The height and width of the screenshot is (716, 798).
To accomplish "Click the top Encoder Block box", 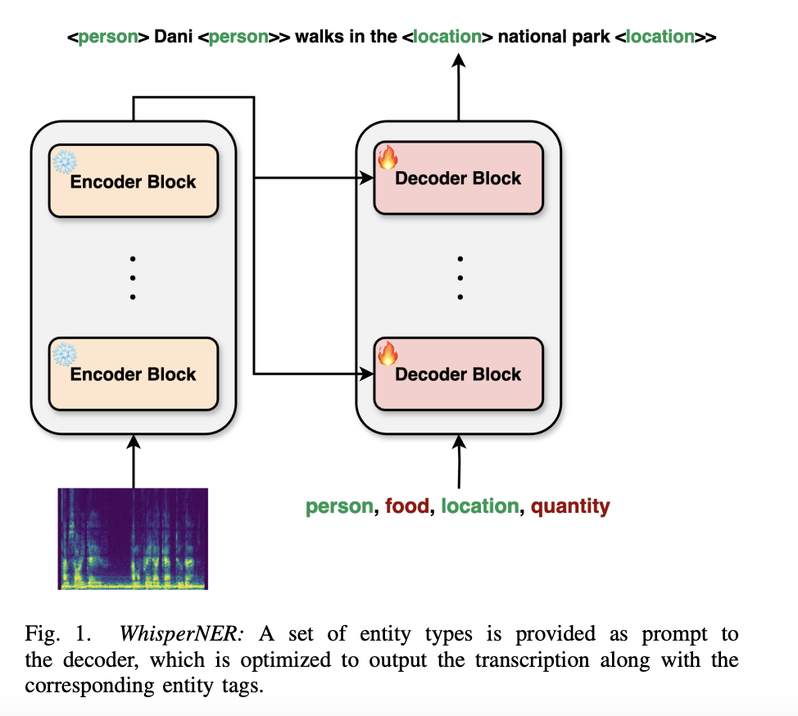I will [134, 181].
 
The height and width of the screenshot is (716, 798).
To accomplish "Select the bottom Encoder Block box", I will [134, 374].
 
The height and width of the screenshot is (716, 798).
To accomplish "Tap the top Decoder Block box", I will [458, 178].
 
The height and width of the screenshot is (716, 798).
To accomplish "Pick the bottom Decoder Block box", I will [458, 374].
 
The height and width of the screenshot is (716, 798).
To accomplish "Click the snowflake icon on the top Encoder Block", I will [64, 161].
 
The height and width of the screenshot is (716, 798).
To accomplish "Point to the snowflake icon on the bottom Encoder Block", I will [64, 354].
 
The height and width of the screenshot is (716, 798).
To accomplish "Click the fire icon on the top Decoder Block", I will [387, 158].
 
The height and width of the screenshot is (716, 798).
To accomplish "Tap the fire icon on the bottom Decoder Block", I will [387, 353].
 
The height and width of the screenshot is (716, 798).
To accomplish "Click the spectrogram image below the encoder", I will [133, 538].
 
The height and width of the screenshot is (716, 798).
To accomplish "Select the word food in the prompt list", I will [407, 506].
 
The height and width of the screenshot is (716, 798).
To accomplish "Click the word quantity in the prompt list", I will [570, 506].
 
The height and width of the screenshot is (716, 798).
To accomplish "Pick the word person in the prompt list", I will [338, 506].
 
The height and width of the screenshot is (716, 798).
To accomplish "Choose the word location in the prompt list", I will [480, 506].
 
